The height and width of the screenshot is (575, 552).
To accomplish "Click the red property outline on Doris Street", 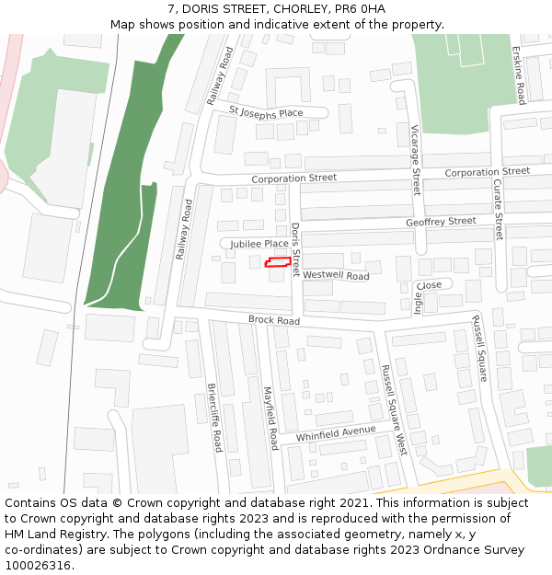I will pos(278,263).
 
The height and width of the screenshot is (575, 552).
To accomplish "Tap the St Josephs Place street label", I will pos(266,112).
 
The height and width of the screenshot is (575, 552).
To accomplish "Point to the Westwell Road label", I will pos(336,275).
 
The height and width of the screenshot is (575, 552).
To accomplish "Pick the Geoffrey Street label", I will pos(441,222).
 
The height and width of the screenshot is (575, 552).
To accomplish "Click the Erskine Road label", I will pos(519,74).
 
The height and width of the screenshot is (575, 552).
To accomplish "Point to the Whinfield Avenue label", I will pos(336,433).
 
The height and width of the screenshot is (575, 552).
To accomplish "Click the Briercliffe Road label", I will pos(214,417).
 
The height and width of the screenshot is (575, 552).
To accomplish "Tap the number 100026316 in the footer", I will pos(38,565).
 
